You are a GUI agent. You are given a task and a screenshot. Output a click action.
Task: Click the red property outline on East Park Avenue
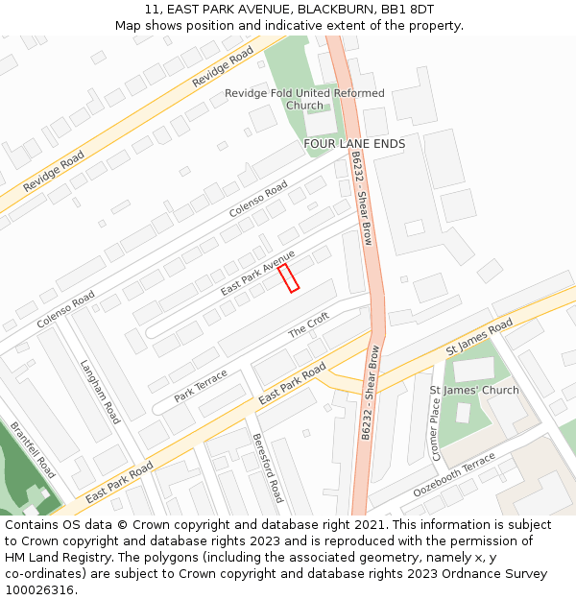(x=288, y=278)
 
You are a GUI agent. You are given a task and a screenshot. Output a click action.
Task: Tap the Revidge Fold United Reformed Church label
(x=304, y=99)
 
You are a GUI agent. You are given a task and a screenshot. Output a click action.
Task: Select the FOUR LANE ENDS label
(x=354, y=144)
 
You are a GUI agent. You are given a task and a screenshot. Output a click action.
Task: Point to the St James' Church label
(x=473, y=391)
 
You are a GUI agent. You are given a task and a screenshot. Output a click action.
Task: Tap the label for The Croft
(x=309, y=325)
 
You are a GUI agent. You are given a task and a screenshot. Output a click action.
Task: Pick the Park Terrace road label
(x=201, y=386)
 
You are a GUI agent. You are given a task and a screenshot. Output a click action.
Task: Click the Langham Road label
(x=100, y=393)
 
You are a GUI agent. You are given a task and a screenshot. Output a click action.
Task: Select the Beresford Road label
(x=268, y=468)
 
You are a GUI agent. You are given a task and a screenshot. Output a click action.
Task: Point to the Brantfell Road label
(x=33, y=450)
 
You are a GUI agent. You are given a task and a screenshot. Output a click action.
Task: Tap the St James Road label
(x=479, y=340)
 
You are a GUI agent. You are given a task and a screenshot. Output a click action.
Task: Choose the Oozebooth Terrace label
(x=454, y=476)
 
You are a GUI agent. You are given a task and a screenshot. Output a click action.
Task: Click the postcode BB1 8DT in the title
(x=409, y=10)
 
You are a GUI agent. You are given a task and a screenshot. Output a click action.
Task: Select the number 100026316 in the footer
(x=41, y=590)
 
